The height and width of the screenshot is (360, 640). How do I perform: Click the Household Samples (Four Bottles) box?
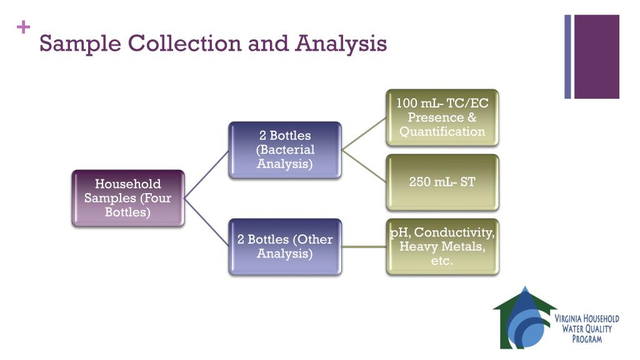(128, 197)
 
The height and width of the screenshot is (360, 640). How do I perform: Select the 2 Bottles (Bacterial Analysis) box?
(285, 150)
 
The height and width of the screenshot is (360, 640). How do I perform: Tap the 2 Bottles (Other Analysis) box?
(285, 246)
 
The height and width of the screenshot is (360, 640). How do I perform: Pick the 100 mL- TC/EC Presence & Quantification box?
(442, 117)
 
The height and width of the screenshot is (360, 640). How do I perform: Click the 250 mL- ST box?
(442, 182)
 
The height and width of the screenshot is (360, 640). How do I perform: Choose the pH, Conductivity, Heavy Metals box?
(442, 246)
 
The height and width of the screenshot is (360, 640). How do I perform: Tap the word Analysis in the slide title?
(341, 44)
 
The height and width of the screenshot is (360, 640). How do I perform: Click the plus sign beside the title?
(24, 27)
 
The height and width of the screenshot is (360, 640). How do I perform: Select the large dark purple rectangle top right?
(596, 56)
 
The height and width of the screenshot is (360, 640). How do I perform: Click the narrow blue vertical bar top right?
(568, 56)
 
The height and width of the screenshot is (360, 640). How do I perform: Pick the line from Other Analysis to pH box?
(364, 246)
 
